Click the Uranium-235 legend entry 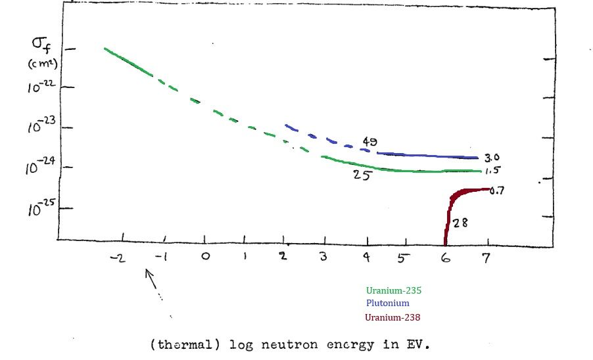click(x=392, y=290)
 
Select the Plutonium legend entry click(x=387, y=303)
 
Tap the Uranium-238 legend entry click(x=392, y=317)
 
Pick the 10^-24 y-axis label click(x=41, y=168)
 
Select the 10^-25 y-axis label click(x=41, y=209)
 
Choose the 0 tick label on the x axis click(x=206, y=257)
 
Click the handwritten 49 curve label click(x=370, y=142)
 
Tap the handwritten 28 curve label click(x=460, y=223)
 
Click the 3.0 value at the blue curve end click(x=492, y=158)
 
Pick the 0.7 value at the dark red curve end click(x=496, y=191)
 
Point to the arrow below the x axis click(x=153, y=281)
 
